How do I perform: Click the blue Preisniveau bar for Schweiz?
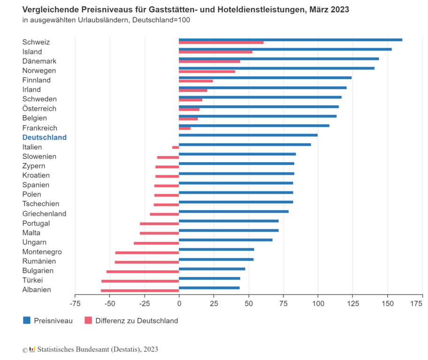click(291, 40)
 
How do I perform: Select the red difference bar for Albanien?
click(140, 291)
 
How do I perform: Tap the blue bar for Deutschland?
click(248, 135)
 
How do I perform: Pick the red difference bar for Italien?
click(176, 147)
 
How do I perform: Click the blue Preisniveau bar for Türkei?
click(210, 278)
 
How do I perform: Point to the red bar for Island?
click(216, 52)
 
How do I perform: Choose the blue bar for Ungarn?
click(225, 240)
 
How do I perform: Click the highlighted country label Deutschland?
click(45, 137)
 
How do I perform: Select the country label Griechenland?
click(44, 214)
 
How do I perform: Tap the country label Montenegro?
click(42, 252)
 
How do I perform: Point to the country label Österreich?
click(39, 109)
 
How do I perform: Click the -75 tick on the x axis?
click(75, 304)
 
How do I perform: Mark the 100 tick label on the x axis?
click(318, 304)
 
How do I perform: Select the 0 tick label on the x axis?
click(179, 304)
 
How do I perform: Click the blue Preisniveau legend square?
click(27, 321)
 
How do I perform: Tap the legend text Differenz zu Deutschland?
click(137, 321)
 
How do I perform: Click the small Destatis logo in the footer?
click(32, 349)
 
